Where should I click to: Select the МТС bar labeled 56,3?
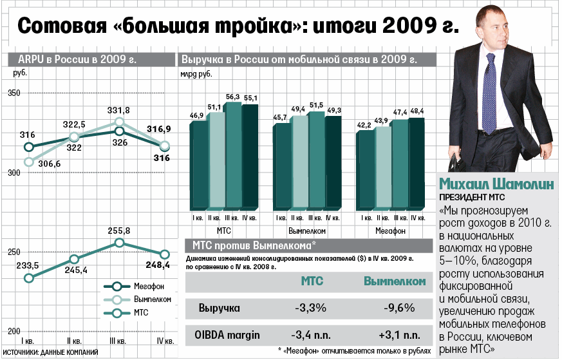(232, 155)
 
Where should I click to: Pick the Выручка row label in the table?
(218, 308)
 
